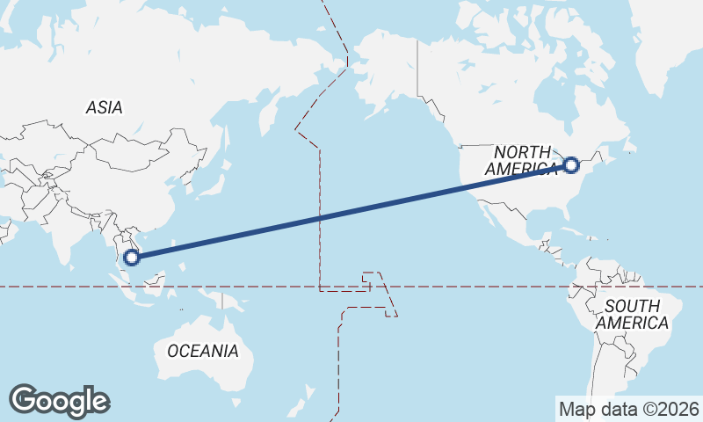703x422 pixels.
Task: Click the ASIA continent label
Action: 104,108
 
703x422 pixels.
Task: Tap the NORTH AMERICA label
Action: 521,159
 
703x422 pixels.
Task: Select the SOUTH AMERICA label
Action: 632,314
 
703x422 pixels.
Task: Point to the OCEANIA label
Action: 202,351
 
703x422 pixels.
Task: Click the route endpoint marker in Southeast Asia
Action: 132,258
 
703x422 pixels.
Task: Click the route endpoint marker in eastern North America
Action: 571,164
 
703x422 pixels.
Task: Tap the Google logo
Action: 59,401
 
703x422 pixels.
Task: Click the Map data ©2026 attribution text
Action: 628,409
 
